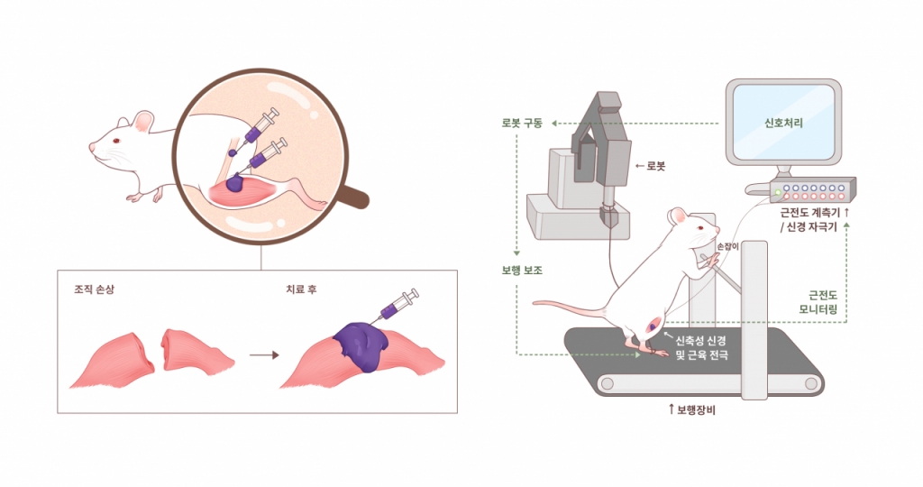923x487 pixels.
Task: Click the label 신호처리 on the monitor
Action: (783, 123)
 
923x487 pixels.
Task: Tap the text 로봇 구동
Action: (522, 124)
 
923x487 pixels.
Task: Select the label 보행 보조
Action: (522, 271)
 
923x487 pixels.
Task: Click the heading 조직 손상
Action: (94, 289)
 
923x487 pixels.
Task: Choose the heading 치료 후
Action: (301, 289)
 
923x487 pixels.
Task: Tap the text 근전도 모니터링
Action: (818, 302)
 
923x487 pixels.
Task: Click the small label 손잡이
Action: (727, 247)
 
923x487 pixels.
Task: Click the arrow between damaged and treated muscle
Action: (264, 355)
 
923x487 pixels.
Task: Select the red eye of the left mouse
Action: (116, 140)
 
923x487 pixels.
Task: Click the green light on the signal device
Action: (778, 193)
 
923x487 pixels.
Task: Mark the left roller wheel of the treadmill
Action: (607, 384)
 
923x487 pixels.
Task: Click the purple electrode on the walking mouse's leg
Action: (653, 325)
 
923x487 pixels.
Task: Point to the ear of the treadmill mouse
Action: (679, 216)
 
